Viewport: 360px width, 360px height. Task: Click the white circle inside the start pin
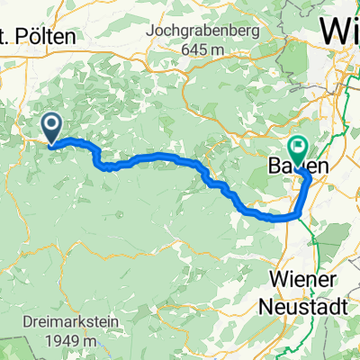coord(51,125)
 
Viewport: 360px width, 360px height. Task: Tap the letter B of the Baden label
coord(275,166)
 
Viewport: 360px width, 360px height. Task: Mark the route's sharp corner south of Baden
coord(299,216)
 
